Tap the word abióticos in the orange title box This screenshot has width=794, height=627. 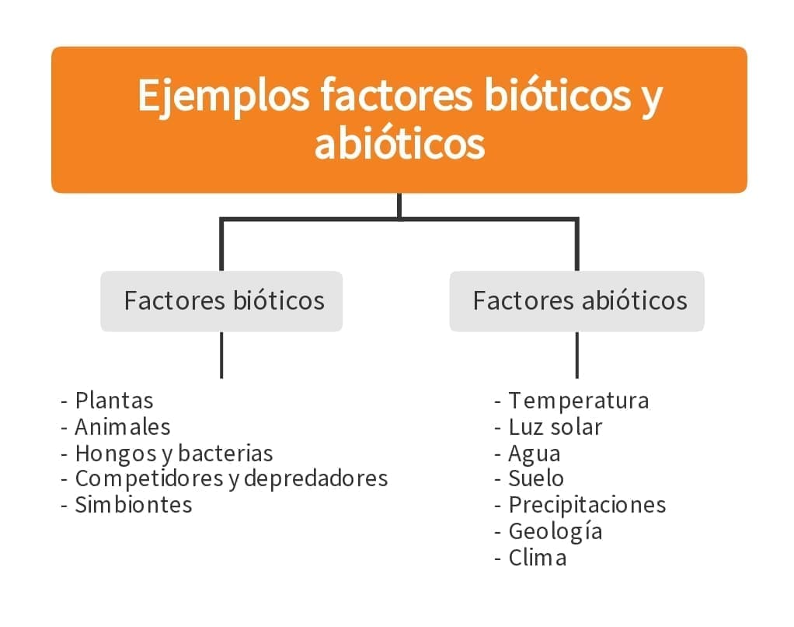[399, 144]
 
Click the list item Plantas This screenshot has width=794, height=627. [113, 401]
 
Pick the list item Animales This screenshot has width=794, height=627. [122, 427]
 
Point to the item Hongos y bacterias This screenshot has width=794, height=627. [173, 454]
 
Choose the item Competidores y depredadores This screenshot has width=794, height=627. [231, 478]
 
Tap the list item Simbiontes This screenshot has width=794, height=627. [133, 505]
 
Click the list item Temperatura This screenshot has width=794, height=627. [578, 401]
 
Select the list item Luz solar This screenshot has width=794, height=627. [555, 427]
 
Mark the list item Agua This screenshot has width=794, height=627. [534, 454]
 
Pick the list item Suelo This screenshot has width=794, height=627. [536, 478]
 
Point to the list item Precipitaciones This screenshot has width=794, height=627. [587, 505]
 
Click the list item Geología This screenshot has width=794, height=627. [555, 531]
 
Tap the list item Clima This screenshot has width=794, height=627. [537, 558]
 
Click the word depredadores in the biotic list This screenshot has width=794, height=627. [315, 478]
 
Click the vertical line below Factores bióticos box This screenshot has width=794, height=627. [221, 355]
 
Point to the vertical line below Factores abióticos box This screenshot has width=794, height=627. [576, 355]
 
